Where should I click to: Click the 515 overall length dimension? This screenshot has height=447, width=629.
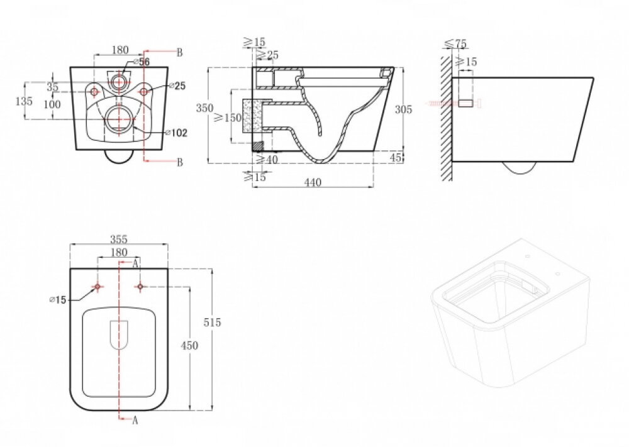(x=212, y=323)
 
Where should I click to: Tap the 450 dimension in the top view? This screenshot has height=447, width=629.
(x=189, y=345)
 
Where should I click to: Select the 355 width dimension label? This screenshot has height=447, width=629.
(x=119, y=240)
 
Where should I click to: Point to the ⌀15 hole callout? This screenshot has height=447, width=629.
(x=57, y=299)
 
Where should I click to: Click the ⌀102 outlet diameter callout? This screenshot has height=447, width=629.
(x=177, y=133)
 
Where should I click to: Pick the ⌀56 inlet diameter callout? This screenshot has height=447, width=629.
(x=141, y=62)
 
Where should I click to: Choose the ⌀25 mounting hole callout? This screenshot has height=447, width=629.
(x=177, y=86)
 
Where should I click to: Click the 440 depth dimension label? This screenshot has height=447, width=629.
(x=313, y=182)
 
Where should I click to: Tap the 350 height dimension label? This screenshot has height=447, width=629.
(x=204, y=108)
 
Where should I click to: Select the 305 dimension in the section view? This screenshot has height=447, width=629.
(x=404, y=109)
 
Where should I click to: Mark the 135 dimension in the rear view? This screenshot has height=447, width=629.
(x=24, y=101)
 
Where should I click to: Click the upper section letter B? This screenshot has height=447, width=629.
(x=180, y=53)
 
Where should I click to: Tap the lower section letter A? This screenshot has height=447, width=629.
(x=135, y=420)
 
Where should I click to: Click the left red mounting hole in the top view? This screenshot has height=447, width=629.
(x=97, y=287)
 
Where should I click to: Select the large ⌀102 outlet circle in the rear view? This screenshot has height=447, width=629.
(x=119, y=119)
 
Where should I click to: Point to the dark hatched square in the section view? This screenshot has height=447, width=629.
(x=257, y=146)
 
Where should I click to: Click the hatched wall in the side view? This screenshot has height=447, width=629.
(x=447, y=118)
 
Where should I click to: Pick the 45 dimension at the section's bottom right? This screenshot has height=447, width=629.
(x=396, y=158)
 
